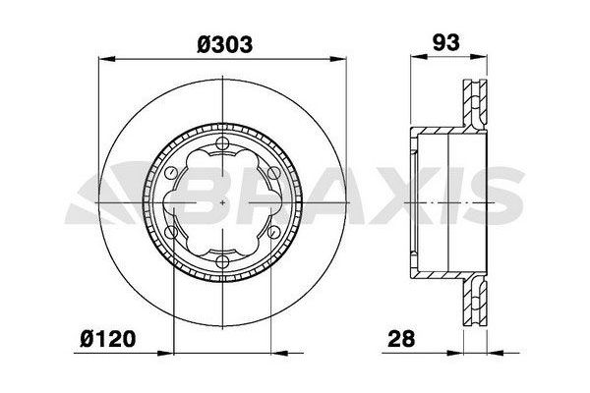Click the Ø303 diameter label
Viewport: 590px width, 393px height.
coord(225,44)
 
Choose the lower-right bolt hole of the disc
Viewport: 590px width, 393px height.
coord(274,232)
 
